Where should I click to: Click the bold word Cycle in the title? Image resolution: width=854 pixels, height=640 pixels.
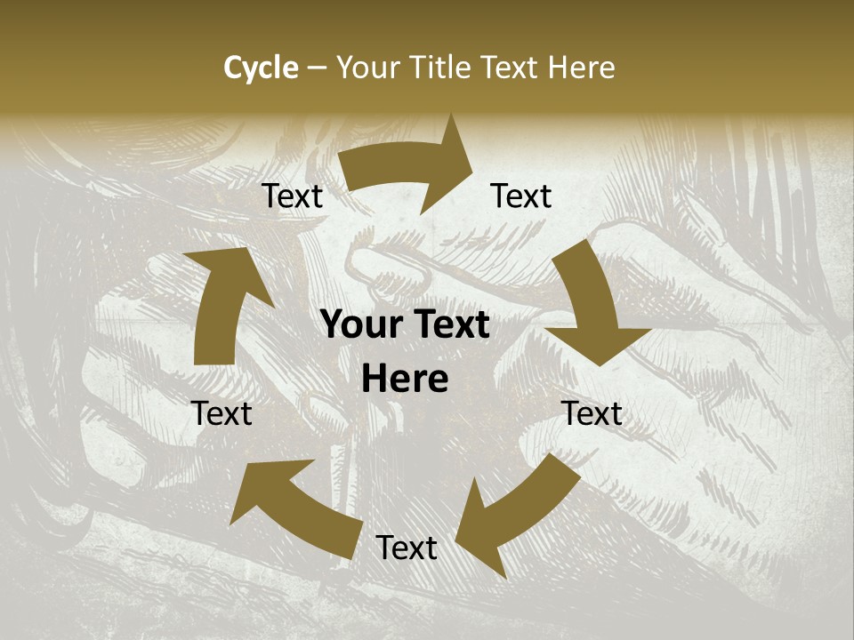(261, 68)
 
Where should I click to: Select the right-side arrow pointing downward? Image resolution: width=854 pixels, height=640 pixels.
(592, 306)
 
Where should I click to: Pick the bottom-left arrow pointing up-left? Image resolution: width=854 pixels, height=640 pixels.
(294, 508)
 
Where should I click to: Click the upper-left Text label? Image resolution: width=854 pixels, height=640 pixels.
(292, 196)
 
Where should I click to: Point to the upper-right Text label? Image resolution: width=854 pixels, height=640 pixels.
(521, 196)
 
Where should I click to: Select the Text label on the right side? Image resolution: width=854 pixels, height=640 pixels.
(592, 413)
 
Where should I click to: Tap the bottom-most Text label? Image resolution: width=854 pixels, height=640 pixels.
(407, 548)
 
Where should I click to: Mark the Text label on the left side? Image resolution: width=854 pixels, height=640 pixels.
(222, 413)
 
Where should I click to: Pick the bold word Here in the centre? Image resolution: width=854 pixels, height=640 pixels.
(405, 380)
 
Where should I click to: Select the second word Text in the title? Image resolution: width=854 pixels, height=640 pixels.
(513, 68)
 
